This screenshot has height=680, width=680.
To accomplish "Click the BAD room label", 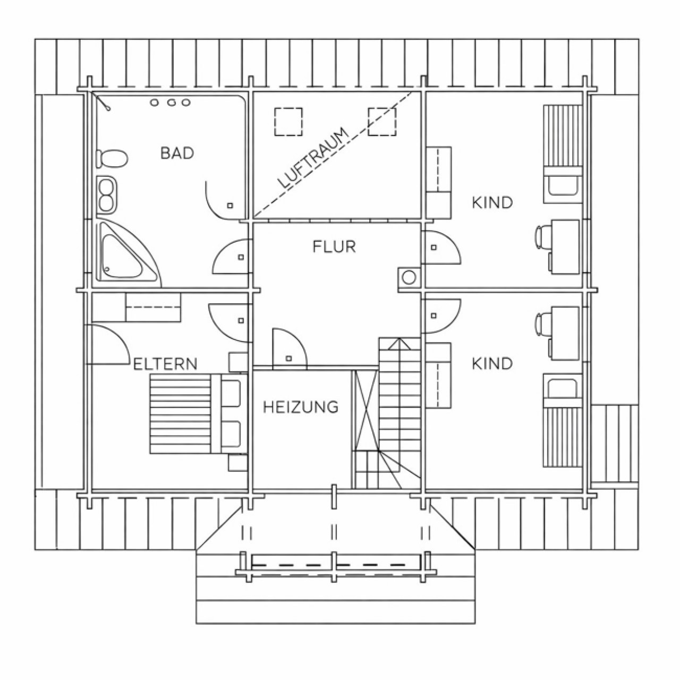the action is [177, 153].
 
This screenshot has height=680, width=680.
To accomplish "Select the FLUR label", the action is [334, 246].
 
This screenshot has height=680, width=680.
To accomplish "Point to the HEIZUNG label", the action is [301, 407].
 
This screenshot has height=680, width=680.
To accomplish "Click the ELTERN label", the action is [165, 364].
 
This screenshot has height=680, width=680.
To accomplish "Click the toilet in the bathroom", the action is [112, 159].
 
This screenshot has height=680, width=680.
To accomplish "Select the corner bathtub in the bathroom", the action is [129, 251].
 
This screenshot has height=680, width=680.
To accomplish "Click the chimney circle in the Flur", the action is [409, 277].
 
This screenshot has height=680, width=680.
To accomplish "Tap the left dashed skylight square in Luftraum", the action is [288, 122].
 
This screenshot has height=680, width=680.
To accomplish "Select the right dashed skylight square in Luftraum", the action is [382, 122].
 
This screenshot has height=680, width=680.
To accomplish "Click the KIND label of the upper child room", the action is [492, 203].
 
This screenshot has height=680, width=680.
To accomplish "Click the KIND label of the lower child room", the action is [492, 364].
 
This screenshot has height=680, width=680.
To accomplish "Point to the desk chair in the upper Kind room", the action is [542, 236].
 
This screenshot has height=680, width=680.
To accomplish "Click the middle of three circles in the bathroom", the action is [172, 103].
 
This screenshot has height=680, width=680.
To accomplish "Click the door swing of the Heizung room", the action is [295, 339].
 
